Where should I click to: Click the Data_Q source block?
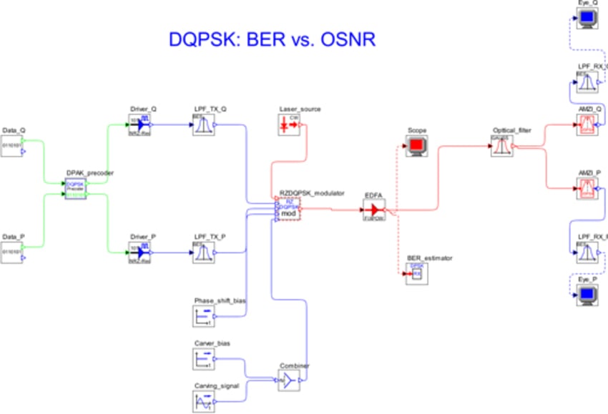click(12, 142)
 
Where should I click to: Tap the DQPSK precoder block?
click(76, 188)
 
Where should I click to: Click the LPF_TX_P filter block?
click(203, 252)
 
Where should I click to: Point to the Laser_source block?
click(289, 124)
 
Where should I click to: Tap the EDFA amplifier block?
click(374, 210)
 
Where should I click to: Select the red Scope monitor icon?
click(416, 147)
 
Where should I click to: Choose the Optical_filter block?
click(501, 147)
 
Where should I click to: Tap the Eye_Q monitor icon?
click(587, 19)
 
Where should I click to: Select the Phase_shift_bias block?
click(203, 316)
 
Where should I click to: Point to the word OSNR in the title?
click(340, 40)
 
